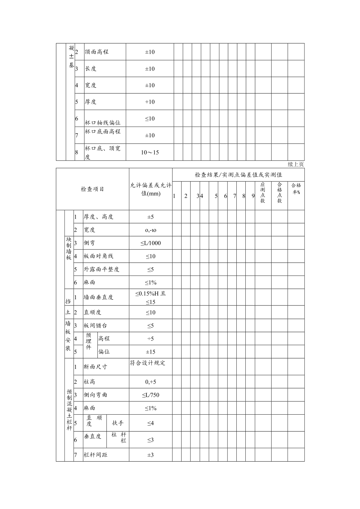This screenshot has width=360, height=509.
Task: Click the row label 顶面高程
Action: [97, 52]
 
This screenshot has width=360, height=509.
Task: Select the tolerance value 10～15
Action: [150, 152]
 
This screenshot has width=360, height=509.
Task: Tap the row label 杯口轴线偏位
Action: [103, 123]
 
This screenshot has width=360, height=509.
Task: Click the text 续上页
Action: [296, 164]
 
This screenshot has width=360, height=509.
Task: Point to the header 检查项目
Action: [92, 189]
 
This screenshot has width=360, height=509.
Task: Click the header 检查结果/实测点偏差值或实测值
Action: [238, 175]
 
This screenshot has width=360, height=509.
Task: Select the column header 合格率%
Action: [296, 189]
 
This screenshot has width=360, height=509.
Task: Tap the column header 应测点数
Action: [263, 192]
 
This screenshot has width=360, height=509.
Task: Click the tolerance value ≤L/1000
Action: [151, 243]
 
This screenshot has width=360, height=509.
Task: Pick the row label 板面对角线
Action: [99, 256]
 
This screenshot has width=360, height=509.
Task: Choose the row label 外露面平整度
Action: [101, 269]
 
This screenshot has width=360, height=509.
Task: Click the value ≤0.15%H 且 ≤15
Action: [151, 297]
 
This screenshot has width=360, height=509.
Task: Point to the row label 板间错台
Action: [95, 326]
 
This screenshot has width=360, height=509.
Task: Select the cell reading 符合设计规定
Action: [148, 363]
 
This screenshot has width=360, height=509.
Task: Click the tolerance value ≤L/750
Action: [151, 395]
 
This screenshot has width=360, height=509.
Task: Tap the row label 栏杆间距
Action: [95, 455]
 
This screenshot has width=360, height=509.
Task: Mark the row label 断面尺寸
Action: [95, 367]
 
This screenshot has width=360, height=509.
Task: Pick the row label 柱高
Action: [90, 382]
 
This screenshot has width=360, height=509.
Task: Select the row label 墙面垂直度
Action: [99, 297]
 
